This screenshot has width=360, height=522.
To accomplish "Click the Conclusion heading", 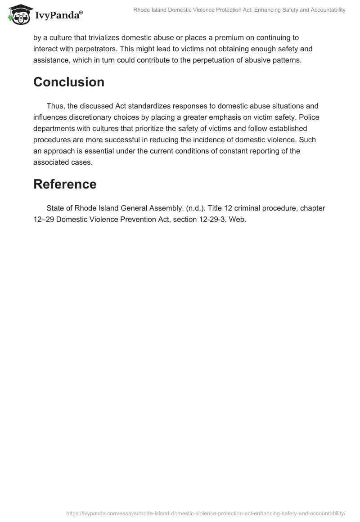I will (69, 82).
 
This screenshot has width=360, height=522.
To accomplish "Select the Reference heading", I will (65, 184).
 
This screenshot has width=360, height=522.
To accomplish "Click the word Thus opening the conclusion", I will (55, 106).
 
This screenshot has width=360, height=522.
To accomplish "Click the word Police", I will (314, 117).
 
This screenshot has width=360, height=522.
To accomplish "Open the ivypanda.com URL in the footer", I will (206, 513).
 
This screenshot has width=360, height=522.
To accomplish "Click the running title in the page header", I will (239, 10).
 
